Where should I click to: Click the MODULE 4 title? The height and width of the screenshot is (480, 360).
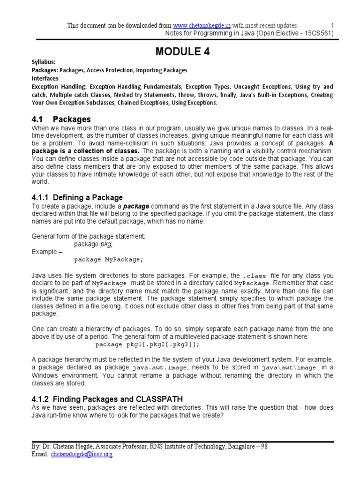coord(180,52)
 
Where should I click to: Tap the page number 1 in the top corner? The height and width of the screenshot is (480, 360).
coord(332,25)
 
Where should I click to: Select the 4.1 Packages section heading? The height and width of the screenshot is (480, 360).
coord(61,120)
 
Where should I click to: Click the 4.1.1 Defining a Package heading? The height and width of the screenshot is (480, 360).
coord(77,197)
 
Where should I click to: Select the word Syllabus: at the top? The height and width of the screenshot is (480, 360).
coord(44,62)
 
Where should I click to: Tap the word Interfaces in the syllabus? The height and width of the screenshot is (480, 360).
coord(45,78)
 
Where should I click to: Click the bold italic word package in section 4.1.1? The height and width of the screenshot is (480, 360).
coord(135,206)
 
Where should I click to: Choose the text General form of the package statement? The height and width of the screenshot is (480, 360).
coord(89,236)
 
